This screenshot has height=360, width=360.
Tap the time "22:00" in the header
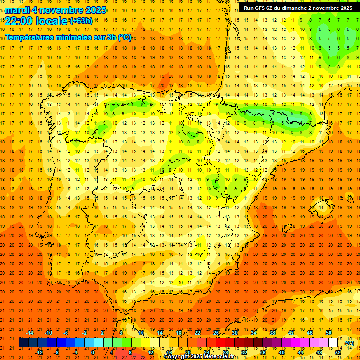coord(19,21)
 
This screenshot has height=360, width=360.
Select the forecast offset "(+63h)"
coord(81,21)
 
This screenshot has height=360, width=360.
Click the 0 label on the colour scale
coord(93,352)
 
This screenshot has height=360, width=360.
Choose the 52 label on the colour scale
coord(338,352)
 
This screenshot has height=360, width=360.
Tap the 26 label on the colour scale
coord(216,333)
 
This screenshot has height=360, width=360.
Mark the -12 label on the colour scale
coord(39,352)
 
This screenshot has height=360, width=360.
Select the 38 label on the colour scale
coord(272,333)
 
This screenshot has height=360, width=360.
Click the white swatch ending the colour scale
coord(333,343)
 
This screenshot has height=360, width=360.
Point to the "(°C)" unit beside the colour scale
coord(349,343)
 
